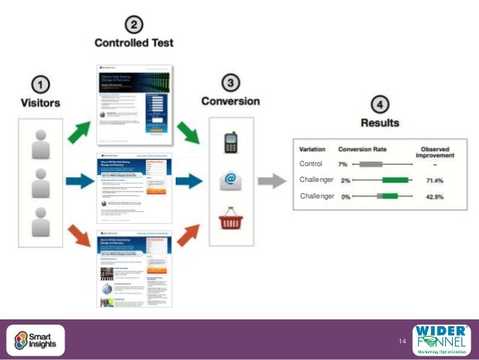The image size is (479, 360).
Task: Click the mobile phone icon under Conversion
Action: click(x=230, y=143)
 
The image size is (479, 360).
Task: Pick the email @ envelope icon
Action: click(x=230, y=180)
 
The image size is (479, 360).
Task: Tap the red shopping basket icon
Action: click(x=230, y=220)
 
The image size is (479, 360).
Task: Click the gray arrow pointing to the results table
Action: click(x=271, y=180)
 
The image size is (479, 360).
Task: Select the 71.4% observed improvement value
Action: click(x=435, y=180)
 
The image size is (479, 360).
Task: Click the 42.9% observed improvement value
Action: click(x=435, y=197)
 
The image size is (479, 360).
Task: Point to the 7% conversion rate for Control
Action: click(x=343, y=164)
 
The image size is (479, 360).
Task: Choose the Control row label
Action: click(x=310, y=164)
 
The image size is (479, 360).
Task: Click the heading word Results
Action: click(x=379, y=122)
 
